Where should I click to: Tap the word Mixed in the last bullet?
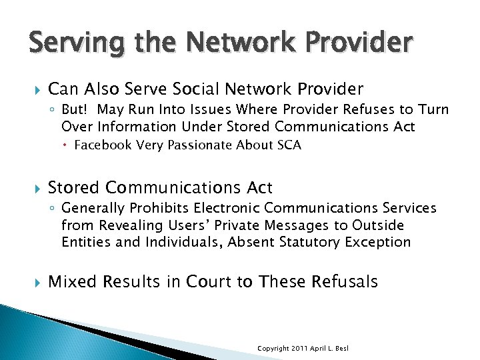(71, 281)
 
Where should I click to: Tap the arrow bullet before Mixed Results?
(27, 282)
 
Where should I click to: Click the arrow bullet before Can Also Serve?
(27, 89)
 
